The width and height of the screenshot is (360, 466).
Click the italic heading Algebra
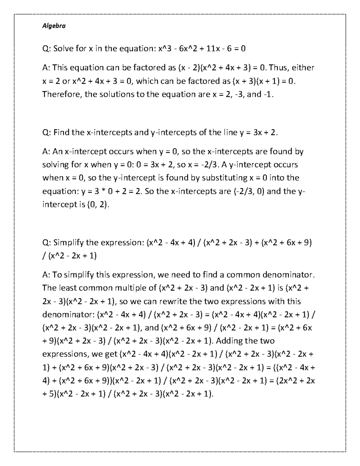coord(54,26)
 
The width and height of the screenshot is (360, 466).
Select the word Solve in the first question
coord(64,49)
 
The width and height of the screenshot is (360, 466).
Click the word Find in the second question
coord(61,132)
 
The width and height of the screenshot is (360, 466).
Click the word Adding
coord(230,341)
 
